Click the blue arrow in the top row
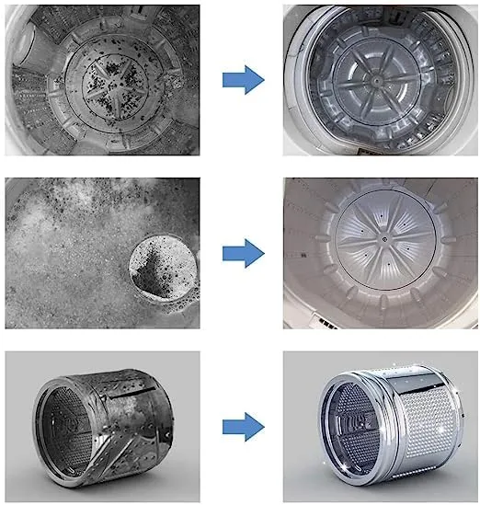pos(243,80)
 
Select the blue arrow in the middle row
pos(243,250)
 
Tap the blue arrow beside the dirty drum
pos(243,426)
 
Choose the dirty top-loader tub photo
pos(102,80)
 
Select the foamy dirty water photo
pos(102,253)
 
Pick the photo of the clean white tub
pos(380,253)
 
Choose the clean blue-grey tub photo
pos(380,80)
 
